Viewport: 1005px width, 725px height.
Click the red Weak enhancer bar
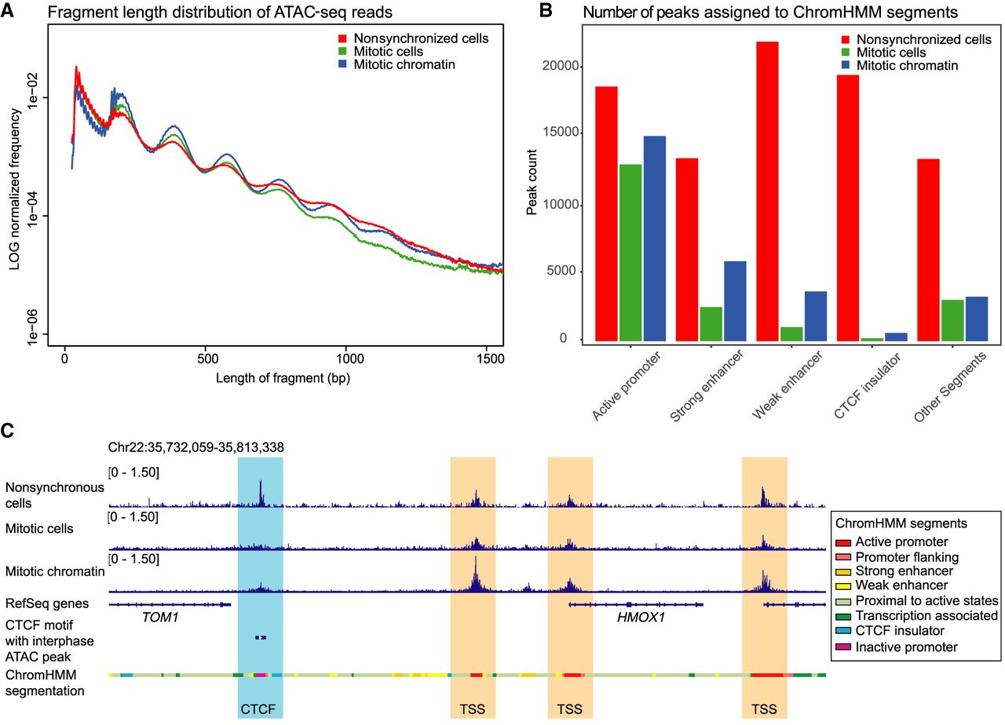point(767,191)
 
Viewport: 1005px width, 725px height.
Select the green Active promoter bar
point(630,253)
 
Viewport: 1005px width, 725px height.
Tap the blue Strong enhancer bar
point(736,301)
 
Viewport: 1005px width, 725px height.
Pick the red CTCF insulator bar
point(848,208)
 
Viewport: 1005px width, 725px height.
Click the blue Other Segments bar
point(977,319)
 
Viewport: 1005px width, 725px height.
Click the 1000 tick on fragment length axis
point(346,347)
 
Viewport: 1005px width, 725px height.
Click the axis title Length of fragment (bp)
point(283,378)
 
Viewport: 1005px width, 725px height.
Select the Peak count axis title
point(532,182)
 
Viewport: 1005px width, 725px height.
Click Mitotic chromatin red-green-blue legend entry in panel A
point(397,64)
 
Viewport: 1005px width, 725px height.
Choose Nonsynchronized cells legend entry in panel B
point(915,39)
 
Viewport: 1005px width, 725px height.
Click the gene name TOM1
point(160,618)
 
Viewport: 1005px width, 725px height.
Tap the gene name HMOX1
point(641,618)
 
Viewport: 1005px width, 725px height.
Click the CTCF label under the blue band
point(258,709)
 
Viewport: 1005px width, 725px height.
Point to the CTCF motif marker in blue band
point(261,638)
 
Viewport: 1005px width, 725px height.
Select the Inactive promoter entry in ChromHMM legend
point(897,647)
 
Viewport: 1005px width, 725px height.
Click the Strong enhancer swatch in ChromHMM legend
point(843,572)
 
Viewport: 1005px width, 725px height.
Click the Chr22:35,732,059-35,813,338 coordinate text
point(196,447)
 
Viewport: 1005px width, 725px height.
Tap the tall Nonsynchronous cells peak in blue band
point(261,494)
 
